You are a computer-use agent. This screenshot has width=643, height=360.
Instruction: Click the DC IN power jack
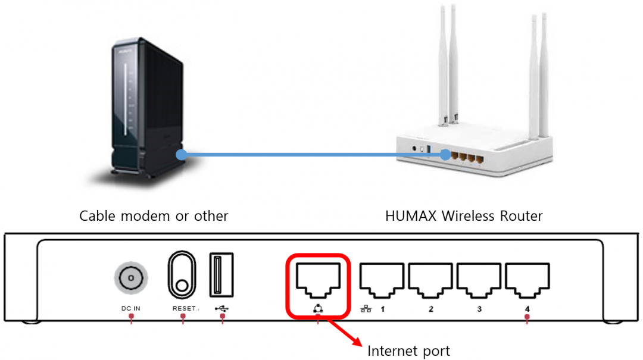(x=131, y=278)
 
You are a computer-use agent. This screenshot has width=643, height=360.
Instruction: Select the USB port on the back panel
(x=221, y=275)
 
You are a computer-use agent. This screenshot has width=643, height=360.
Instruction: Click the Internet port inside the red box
(x=318, y=281)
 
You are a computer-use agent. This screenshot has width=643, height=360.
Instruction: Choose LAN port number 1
(x=382, y=281)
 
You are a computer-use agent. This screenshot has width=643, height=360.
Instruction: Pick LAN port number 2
(x=430, y=281)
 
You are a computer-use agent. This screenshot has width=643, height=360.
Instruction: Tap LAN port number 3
(x=479, y=281)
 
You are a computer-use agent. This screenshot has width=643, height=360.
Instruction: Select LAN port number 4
(x=527, y=281)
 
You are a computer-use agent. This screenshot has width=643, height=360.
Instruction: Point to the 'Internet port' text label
(x=408, y=351)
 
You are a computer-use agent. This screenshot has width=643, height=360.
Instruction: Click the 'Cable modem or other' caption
(x=154, y=215)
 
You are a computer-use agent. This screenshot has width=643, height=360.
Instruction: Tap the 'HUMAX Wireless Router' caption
(x=464, y=215)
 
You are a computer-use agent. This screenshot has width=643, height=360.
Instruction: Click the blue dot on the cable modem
(x=181, y=155)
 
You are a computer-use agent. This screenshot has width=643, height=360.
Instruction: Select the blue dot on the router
(x=445, y=155)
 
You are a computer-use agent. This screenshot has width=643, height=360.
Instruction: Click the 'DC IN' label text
(x=131, y=308)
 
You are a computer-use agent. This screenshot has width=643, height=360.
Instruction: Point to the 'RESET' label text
(x=185, y=308)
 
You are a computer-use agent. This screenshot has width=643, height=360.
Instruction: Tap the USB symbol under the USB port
(x=222, y=308)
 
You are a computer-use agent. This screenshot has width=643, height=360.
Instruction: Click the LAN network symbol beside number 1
(x=366, y=309)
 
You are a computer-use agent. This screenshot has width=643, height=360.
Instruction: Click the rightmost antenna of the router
(x=544, y=76)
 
